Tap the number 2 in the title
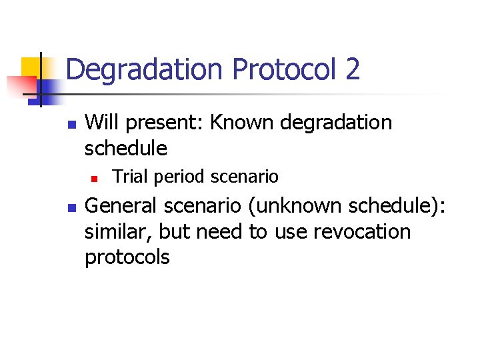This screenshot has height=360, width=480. (x=352, y=70)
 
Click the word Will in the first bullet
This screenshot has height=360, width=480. (x=103, y=123)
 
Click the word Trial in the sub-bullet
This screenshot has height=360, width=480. (x=129, y=177)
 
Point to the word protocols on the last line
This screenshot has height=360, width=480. (x=127, y=257)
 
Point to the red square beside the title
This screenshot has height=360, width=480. (x=20, y=86)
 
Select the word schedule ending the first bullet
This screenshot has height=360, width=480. (x=126, y=148)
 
